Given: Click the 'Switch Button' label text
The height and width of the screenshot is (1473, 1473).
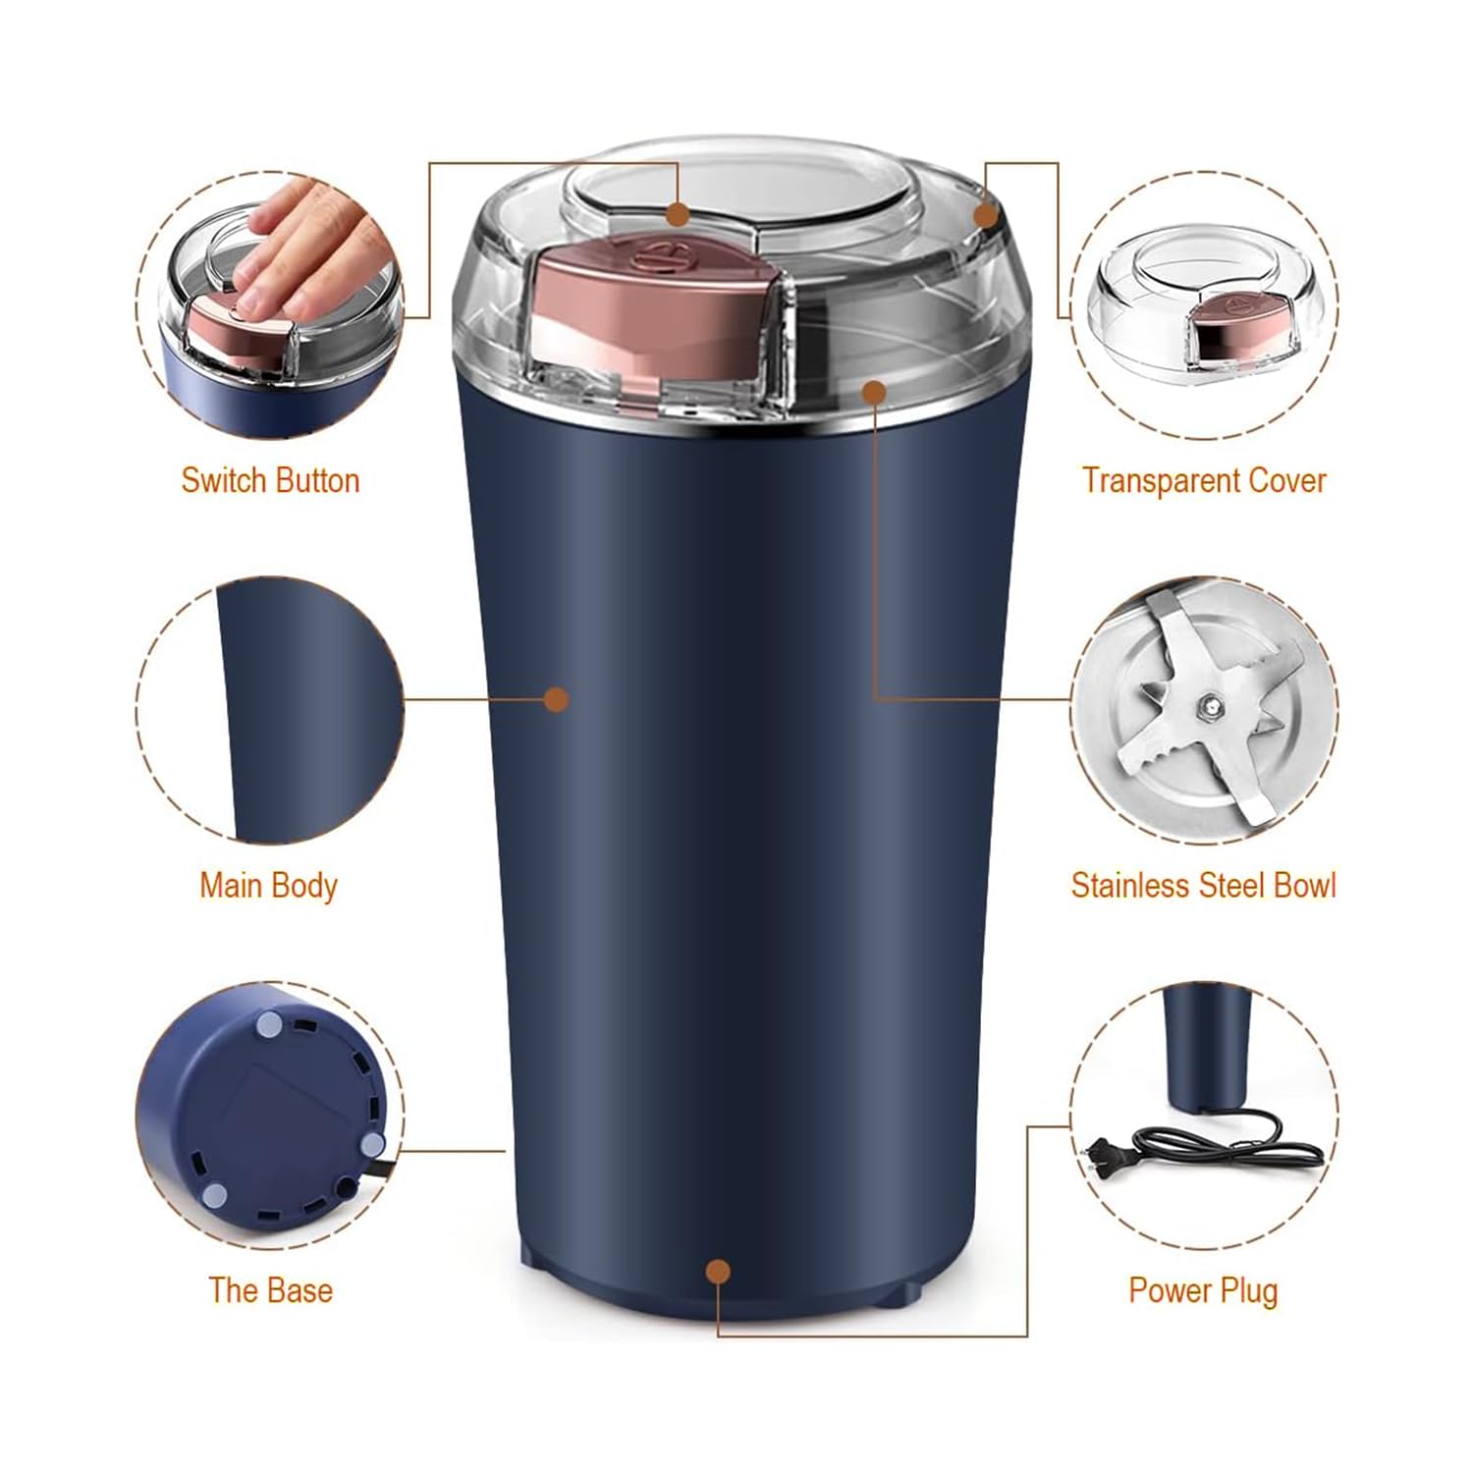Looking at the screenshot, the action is tap(270, 480).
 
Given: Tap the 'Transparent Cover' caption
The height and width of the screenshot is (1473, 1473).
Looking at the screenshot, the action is tap(1204, 480).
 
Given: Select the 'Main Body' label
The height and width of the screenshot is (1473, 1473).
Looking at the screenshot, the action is tap(268, 886).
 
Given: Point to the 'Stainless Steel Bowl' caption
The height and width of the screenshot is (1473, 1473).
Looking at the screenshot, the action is tap(1204, 886).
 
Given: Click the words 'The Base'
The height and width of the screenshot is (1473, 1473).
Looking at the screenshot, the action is tap(270, 1290).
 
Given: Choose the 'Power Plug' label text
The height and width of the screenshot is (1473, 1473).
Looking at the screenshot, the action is tap(1204, 1290).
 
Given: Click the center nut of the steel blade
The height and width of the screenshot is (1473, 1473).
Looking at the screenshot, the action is tap(1209, 703).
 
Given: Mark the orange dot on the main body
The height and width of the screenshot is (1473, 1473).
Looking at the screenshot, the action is tap(557, 699).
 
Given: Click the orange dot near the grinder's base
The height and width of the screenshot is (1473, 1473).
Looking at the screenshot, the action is tap(719, 1272).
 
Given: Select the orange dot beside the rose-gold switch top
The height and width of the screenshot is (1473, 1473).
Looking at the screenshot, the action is tap(678, 213).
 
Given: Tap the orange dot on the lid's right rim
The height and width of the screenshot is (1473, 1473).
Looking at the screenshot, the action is tap(986, 214).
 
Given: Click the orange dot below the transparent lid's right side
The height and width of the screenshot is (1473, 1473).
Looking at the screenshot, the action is tap(874, 392).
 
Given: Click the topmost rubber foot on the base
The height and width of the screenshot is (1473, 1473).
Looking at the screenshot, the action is tap(267, 1025).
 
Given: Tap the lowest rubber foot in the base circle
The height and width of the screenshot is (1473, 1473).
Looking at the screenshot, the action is tap(215, 1195).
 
